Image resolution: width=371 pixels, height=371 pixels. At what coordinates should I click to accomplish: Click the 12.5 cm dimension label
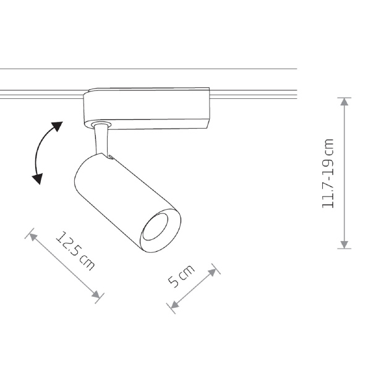coord(75,251)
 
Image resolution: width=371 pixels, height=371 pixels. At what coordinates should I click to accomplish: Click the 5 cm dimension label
coord(181,276)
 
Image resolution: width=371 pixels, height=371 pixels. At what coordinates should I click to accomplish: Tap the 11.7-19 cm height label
coord(328,173)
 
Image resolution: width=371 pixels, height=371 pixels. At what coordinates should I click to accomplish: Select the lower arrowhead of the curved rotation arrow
coord(38,179)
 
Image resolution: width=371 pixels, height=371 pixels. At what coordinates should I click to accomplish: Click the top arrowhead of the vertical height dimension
coord(344,101)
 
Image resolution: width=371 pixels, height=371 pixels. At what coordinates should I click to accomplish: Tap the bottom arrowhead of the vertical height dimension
coord(344,245)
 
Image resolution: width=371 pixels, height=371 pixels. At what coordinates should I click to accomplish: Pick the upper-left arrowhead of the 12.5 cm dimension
coord(33,237)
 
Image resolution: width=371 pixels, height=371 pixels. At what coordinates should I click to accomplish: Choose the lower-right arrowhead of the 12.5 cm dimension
coord(96,294)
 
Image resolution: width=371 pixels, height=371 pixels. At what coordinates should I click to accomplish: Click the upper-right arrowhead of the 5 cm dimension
coord(212,272)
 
